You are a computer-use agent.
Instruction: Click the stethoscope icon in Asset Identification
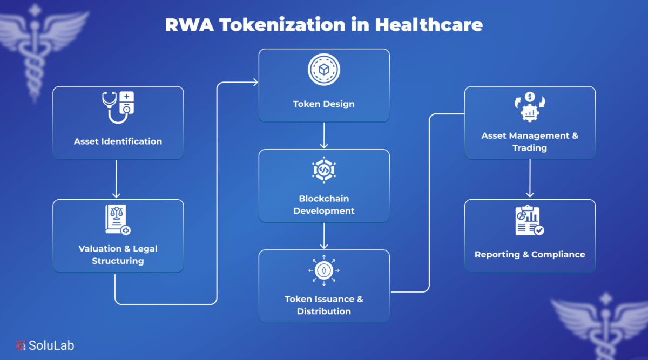[x=118, y=107]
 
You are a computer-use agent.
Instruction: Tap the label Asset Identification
[x=118, y=141]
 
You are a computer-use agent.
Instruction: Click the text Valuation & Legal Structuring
[x=118, y=255]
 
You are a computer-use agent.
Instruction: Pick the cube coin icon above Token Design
[x=323, y=70]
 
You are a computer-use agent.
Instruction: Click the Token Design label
[x=323, y=104]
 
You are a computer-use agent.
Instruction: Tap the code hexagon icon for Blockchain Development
[x=323, y=169]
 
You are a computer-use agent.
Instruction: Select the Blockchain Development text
[x=323, y=205]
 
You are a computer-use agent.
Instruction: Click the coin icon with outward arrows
[x=323, y=270]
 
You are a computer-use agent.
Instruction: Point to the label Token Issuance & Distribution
[x=323, y=305]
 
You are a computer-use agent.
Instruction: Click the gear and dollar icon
[x=530, y=107]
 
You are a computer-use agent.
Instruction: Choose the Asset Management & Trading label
[x=530, y=142]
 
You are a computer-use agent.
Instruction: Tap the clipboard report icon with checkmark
[x=529, y=220]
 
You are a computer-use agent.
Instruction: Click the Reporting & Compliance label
[x=530, y=254]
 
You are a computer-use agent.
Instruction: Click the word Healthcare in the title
[x=429, y=25]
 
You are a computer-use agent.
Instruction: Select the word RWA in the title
[x=190, y=25]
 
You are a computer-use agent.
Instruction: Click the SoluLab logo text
[x=51, y=345]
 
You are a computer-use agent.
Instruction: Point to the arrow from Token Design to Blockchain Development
[x=324, y=135]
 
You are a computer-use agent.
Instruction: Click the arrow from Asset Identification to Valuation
[x=116, y=179]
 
